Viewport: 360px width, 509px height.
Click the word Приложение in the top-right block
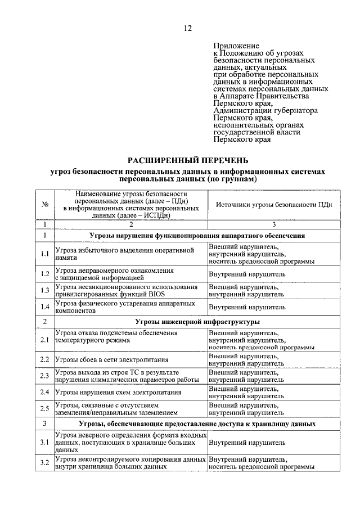pyautogui.click(x=236, y=46)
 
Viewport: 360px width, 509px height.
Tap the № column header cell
pyautogui.click(x=44, y=205)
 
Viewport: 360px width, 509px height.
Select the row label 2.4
pyautogui.click(x=44, y=392)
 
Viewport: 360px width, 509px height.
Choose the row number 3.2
pyautogui.click(x=44, y=463)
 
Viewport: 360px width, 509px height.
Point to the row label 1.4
pyautogui.click(x=44, y=307)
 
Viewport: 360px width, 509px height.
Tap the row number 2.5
pyautogui.click(x=44, y=408)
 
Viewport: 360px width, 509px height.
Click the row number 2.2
pyautogui.click(x=44, y=359)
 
